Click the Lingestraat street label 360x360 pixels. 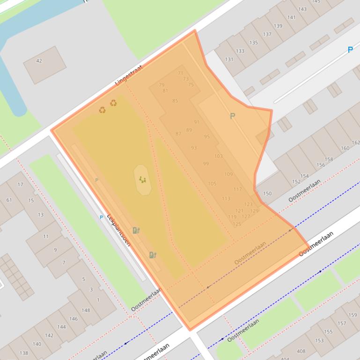click(x=128, y=75)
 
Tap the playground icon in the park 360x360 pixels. click(x=143, y=180)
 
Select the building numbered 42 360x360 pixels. click(x=39, y=61)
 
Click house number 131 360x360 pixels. click(x=229, y=59)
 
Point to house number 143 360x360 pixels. click(x=302, y=9)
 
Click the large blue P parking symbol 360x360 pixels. click(x=350, y=50)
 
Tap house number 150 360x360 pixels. click(x=267, y=194)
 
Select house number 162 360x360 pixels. click(x=355, y=143)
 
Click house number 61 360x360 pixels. click(x=9, y=200)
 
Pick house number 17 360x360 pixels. click(x=20, y=185)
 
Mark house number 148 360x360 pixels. click(x=85, y=310)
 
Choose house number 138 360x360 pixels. click(x=23, y=353)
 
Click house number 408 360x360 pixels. click(x=301, y=351)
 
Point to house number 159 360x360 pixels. click(x=353, y=315)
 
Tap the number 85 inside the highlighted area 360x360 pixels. click(x=175, y=101)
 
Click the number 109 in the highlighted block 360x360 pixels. click(x=228, y=174)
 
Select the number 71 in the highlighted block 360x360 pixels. click(x=181, y=73)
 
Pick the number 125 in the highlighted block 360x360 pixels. click(x=237, y=224)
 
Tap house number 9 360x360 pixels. click(x=55, y=250)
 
